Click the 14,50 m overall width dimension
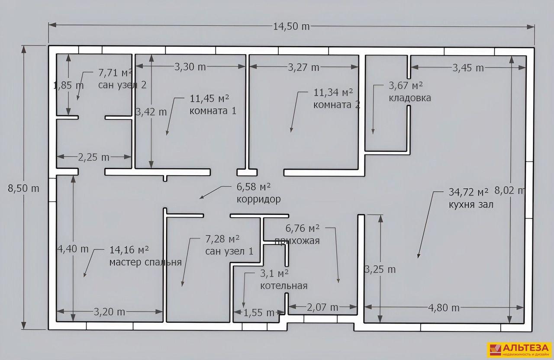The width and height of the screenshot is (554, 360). tap(291, 26)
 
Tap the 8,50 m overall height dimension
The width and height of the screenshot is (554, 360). tap(23, 188)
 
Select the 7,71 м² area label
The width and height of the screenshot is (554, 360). tap(115, 73)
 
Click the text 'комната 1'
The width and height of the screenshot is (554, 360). tap(213, 110)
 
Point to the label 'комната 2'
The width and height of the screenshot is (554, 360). tap(337, 105)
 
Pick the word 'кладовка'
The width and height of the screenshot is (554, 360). tap(410, 98)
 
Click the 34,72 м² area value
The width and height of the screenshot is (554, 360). tap(469, 192)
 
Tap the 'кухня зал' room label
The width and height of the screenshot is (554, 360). tap(471, 205)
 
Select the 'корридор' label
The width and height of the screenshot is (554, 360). tap(259, 199)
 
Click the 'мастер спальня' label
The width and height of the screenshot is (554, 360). tap(145, 262)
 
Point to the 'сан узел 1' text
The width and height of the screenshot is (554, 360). tap(229, 251)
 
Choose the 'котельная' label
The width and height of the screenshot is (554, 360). tap(283, 286)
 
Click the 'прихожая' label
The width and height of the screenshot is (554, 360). tap(297, 241)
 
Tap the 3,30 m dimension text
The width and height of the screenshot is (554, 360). tap(190, 67)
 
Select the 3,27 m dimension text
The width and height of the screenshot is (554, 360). tap(303, 67)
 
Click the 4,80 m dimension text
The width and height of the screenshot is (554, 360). tap(444, 308)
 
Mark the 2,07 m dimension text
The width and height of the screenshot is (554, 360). tap(322, 307)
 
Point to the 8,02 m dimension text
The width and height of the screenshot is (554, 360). tap(510, 190)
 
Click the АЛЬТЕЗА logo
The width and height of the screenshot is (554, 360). tap(519, 350)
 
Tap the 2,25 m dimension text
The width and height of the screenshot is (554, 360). tap(93, 157)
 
